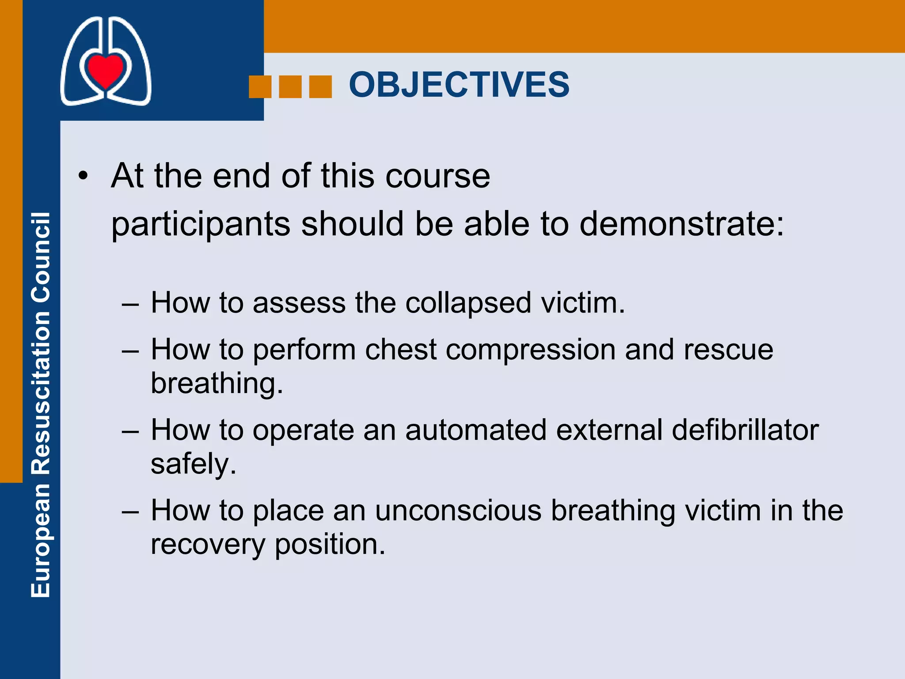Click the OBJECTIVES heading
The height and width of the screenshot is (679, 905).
[x=459, y=84]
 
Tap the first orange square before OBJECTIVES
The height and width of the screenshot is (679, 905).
[x=260, y=87]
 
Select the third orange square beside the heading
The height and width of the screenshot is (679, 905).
[x=320, y=87]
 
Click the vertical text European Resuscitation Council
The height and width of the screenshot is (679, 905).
[x=41, y=404]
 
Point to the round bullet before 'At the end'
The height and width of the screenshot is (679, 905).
[x=83, y=177]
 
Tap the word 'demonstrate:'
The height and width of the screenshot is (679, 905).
[x=681, y=224]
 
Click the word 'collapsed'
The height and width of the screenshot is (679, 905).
[x=468, y=303]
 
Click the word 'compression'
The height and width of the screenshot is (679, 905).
[x=530, y=350]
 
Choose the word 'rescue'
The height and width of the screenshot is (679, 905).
[x=728, y=350]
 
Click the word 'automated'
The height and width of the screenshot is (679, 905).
[x=475, y=430]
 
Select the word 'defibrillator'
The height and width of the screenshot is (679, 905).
[x=745, y=430]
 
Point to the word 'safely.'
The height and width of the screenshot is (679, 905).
[x=194, y=464]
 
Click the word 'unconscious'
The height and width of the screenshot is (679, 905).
[x=458, y=511]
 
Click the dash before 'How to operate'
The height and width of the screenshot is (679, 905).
[x=131, y=431]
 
